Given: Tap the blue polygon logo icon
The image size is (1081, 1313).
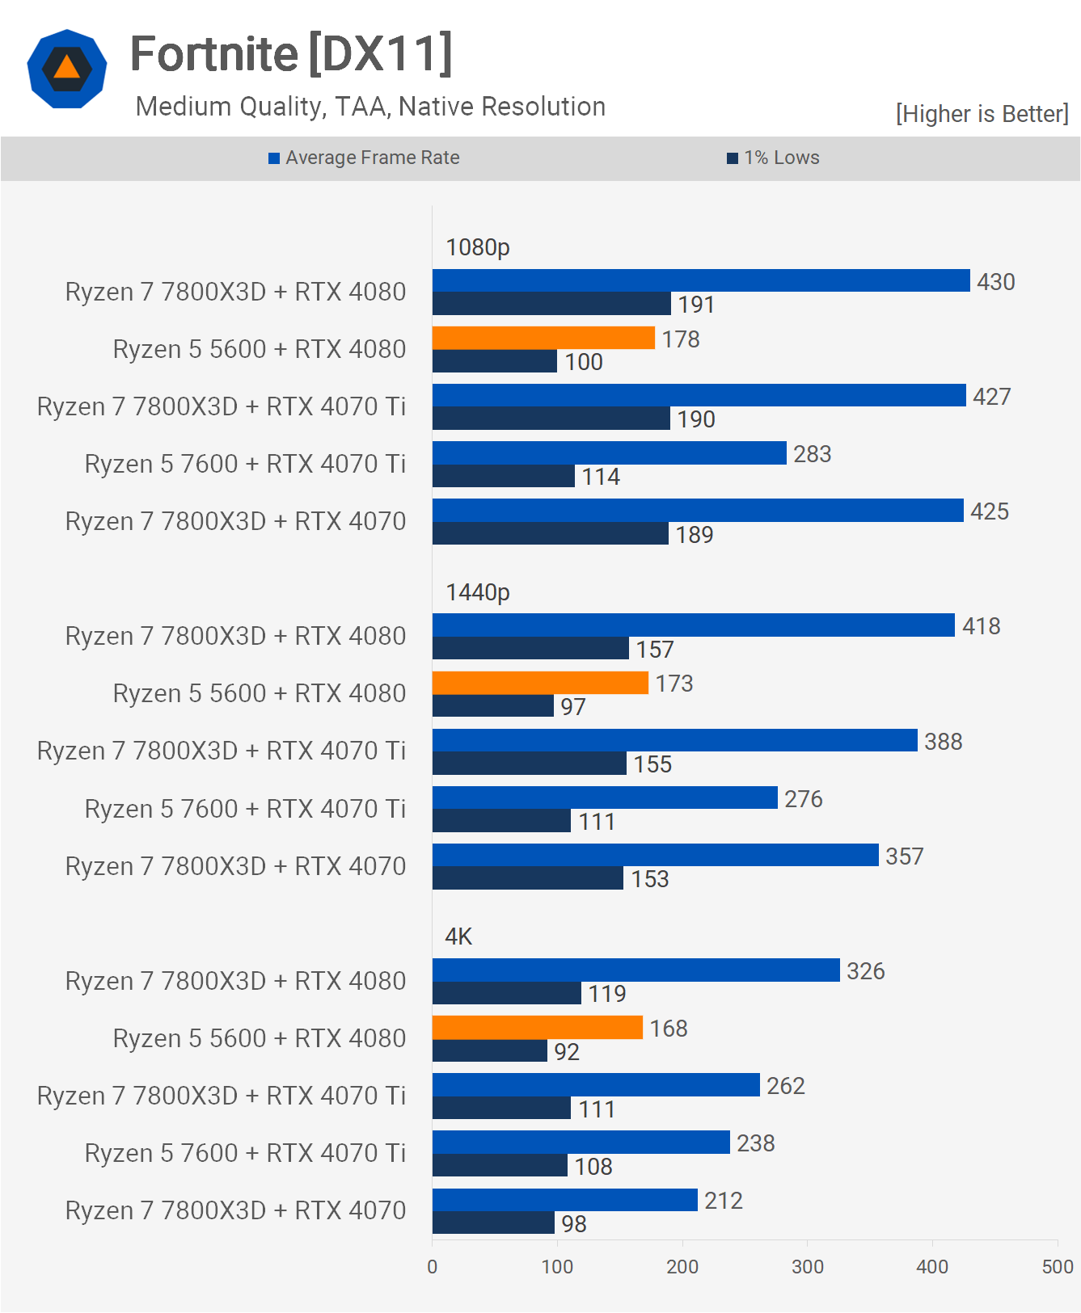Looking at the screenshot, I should tap(67, 68).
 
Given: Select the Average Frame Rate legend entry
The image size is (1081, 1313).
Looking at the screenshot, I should tap(364, 158).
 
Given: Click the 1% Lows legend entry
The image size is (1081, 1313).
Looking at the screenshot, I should tap(773, 158).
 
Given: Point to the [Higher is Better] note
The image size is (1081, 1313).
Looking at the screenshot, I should tap(982, 114).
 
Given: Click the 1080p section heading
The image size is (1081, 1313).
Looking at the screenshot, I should tap(478, 247).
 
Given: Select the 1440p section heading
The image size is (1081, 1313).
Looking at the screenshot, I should tap(478, 592).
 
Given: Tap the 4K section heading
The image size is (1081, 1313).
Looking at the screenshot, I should tap(458, 936).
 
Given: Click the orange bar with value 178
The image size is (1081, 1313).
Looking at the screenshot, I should tap(543, 338).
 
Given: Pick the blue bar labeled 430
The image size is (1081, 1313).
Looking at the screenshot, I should tap(701, 280).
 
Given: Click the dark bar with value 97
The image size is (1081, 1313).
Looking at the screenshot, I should tap(493, 706).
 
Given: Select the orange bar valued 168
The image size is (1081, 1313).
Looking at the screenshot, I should tap(538, 1027).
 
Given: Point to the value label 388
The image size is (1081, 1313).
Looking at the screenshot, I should tap(944, 742).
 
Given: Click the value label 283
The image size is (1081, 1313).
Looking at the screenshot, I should tap(812, 454).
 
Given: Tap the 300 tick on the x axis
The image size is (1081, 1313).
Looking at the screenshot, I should tap(808, 1266).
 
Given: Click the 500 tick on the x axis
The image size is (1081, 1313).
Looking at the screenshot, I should tap(1058, 1266).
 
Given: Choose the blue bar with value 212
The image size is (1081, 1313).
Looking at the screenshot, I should tap(565, 1200).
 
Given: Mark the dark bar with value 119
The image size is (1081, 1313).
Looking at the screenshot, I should tap(507, 993).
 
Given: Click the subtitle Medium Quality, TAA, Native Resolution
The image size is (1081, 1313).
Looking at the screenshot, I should tap(370, 107).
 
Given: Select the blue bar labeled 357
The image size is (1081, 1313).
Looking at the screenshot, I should tap(656, 855).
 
